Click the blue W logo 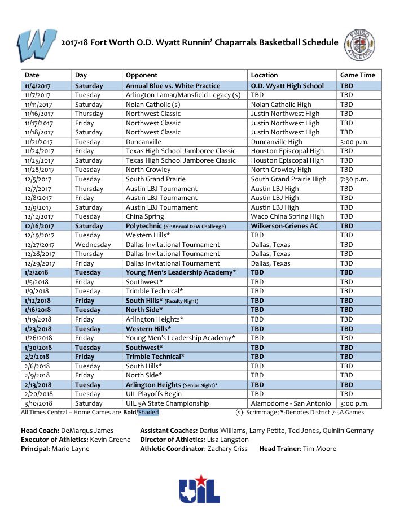pos(37,45)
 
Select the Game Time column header pos(357,75)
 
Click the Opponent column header pos(142,75)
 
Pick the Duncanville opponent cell pos(143,142)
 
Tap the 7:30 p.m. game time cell pos(354,179)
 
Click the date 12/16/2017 pos(39,226)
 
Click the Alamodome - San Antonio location pos(288,403)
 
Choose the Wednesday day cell pos(93,245)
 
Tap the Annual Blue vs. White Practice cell pos(173,86)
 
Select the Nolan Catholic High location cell pos(281,105)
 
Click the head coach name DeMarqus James pos(87,431)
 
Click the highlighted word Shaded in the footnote pos(148,413)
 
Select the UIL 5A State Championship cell pos(167,403)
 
